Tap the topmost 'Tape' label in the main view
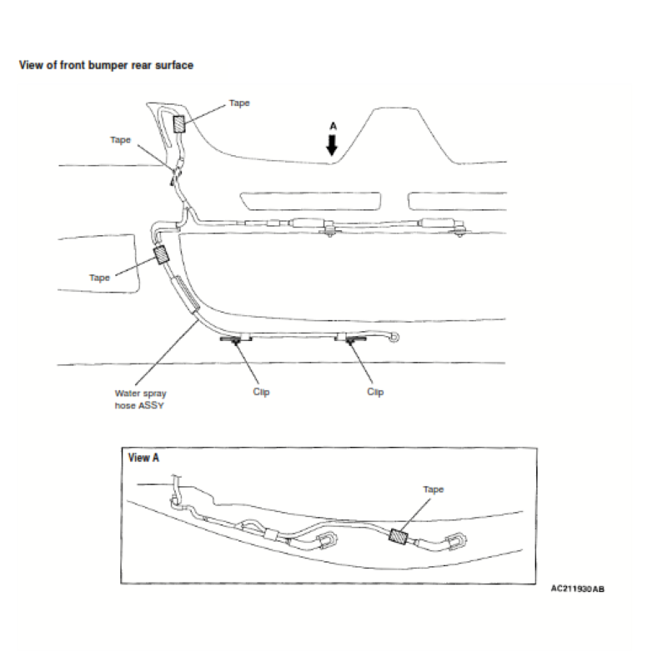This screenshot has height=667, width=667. [239, 103]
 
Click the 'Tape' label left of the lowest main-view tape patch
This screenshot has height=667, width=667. [99, 278]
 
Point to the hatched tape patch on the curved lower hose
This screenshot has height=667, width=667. [160, 255]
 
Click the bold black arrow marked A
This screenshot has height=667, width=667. [332, 145]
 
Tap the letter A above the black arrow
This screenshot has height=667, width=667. [332, 126]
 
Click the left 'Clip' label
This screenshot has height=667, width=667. [261, 392]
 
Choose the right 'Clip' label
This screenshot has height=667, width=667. [375, 392]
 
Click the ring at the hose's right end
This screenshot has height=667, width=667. [394, 338]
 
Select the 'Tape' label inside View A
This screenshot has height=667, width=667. [433, 489]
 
